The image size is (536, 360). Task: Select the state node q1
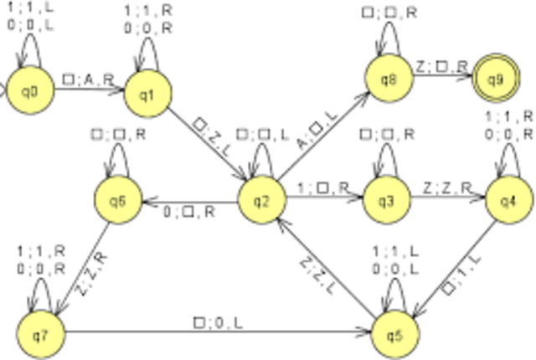click(x=147, y=92)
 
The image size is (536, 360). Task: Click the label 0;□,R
click(x=188, y=212)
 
